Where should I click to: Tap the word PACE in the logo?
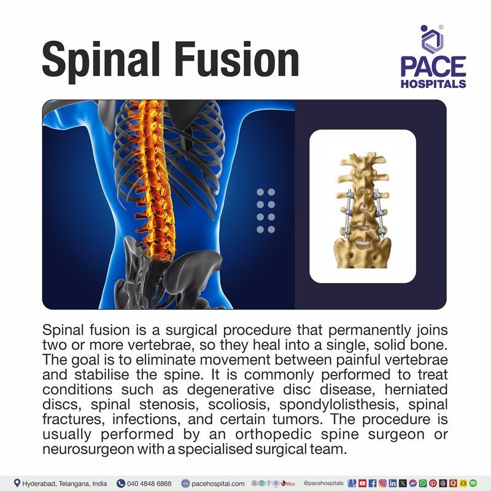[x=433, y=66]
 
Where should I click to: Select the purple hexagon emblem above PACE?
[x=432, y=39]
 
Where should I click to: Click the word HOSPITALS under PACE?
[x=433, y=83]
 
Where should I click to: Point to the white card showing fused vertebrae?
[x=363, y=206]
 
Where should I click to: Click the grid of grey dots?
[x=266, y=211]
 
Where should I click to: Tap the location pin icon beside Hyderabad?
[x=17, y=483]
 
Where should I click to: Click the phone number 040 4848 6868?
[x=150, y=483]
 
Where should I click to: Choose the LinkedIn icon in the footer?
[x=392, y=483]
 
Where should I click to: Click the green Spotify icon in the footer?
[x=474, y=483]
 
